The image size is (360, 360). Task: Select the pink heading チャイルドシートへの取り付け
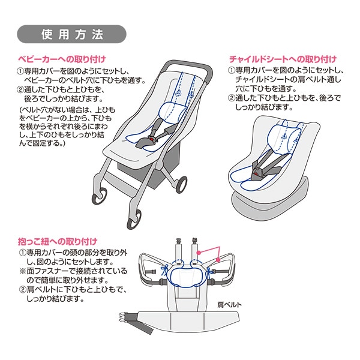(282, 59)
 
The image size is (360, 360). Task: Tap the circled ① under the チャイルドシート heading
(231, 70)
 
